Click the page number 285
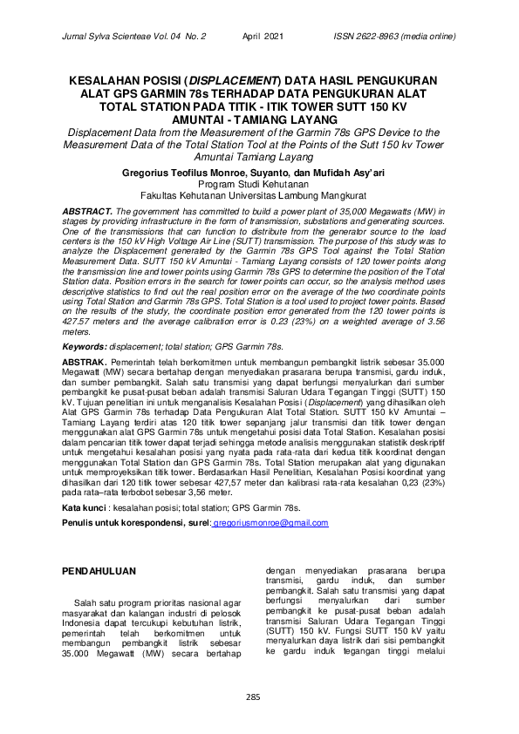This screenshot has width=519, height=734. coord(253,696)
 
